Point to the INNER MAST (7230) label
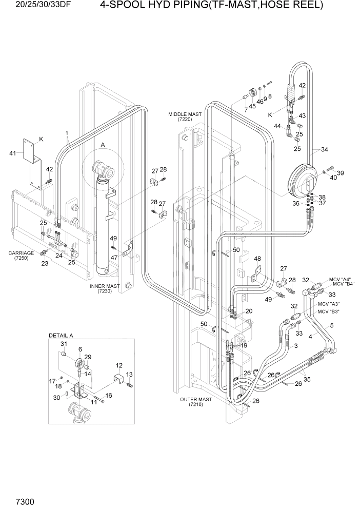coord(105,288)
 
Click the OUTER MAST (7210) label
coord(196,402)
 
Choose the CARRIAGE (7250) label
coord(21,256)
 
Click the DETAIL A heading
coord(61,335)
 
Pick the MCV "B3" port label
coord(329,311)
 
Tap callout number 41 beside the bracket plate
coord(13,153)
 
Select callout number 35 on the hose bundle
coord(308,380)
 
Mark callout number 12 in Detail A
coord(119,365)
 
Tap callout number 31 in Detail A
coord(65,343)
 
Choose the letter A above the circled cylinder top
coord(103,145)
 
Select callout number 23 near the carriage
coord(45,264)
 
